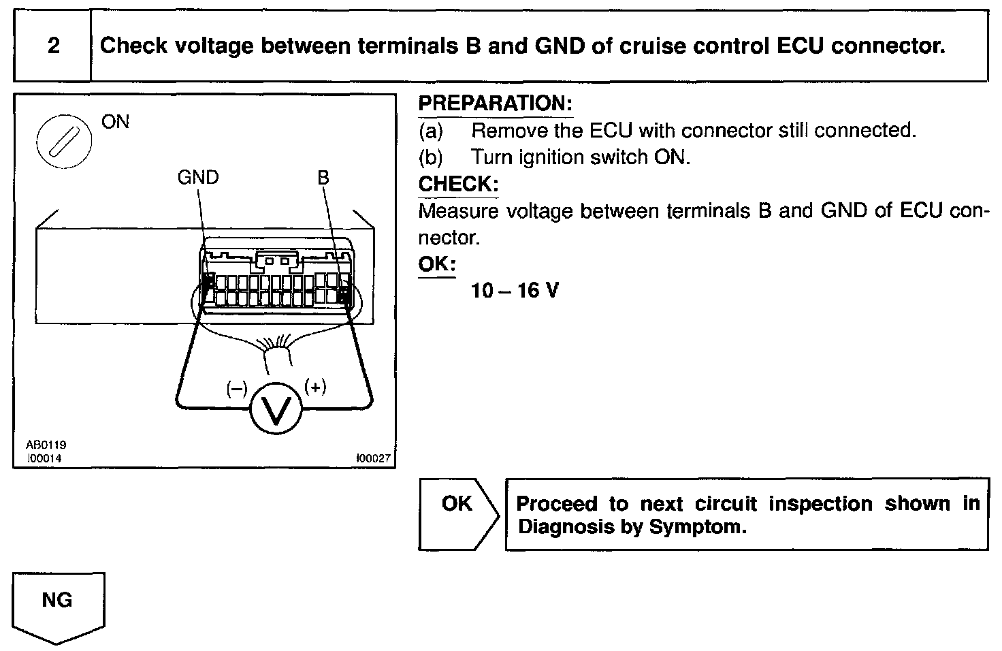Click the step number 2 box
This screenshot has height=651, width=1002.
(x=52, y=46)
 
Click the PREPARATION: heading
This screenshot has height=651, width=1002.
(x=495, y=104)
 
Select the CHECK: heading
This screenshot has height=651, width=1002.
(x=458, y=184)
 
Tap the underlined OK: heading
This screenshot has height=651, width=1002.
(x=436, y=264)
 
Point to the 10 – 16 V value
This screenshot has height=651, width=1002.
(x=515, y=291)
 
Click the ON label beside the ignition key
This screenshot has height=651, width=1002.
(x=115, y=122)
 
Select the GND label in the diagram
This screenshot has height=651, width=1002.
(x=197, y=178)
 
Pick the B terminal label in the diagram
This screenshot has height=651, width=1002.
(x=323, y=178)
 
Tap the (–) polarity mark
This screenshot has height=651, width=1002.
(x=236, y=389)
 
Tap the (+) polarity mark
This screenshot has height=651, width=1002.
(x=315, y=387)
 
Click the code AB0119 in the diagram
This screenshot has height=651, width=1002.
(x=46, y=445)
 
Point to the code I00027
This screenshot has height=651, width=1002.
(x=374, y=458)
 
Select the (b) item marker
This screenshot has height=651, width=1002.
(x=430, y=157)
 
